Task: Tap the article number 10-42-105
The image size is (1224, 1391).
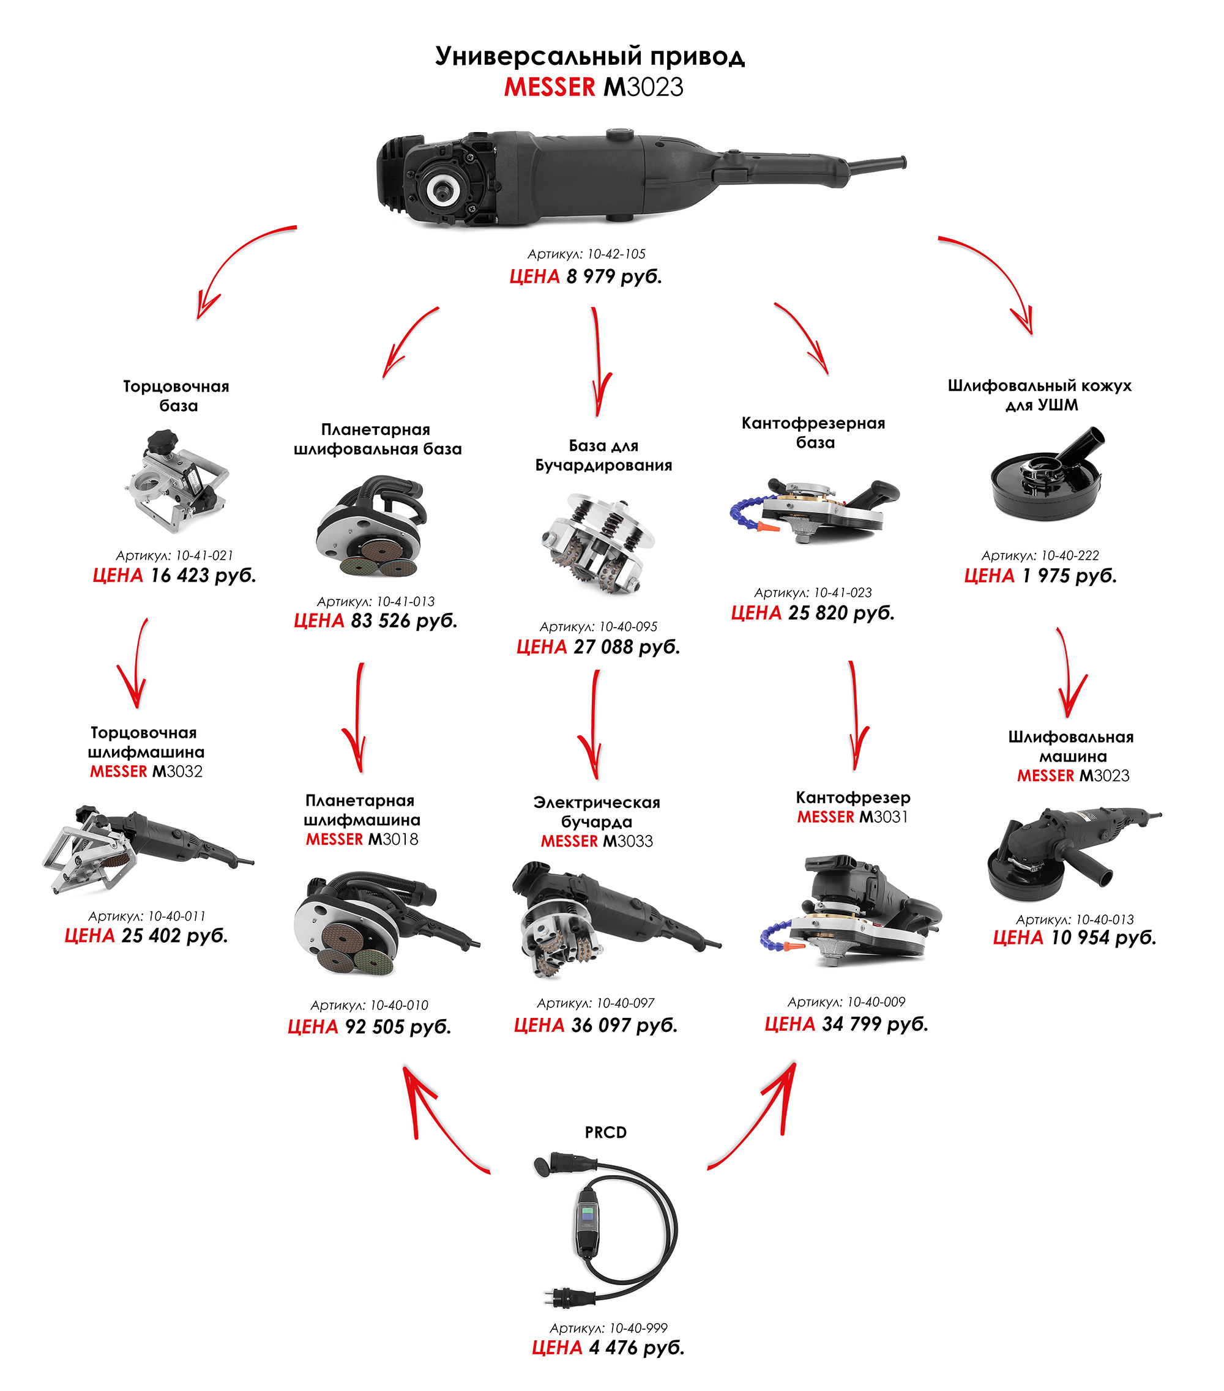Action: (586, 254)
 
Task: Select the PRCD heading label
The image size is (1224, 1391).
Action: (605, 1132)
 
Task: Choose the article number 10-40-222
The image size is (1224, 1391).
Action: (1040, 555)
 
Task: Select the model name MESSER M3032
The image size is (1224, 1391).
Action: (146, 771)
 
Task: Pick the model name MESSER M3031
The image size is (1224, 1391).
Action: (853, 817)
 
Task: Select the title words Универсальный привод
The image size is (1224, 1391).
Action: (589, 56)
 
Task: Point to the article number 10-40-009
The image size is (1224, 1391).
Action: (846, 1002)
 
